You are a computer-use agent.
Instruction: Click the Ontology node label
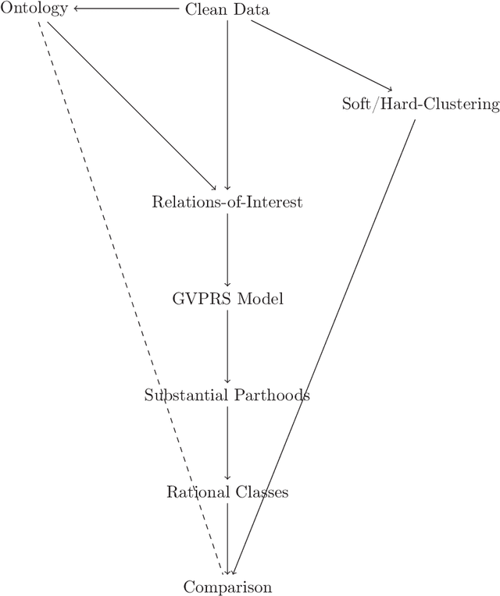click(34, 9)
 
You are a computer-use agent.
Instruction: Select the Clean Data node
click(227, 9)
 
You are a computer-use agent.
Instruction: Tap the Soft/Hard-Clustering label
click(420, 105)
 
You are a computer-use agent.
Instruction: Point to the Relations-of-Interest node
click(227, 203)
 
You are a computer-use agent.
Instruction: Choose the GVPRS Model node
click(227, 299)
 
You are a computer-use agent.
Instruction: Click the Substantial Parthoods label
click(227, 396)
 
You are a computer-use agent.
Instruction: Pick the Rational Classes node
click(227, 492)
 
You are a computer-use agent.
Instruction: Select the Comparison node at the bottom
click(227, 587)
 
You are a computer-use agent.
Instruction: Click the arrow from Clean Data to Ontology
click(129, 9)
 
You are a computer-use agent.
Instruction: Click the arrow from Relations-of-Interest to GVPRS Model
click(227, 250)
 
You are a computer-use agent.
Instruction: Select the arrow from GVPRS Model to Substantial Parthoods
click(227, 346)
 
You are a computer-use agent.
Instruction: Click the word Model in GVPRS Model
click(262, 299)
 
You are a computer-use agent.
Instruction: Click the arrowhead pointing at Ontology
click(77, 9)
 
